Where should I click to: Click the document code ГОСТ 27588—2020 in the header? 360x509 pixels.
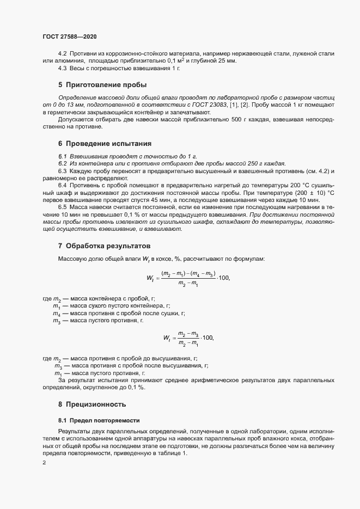click(70, 36)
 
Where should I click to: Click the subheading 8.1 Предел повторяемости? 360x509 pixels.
click(99, 420)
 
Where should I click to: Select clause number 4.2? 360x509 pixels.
click(62, 54)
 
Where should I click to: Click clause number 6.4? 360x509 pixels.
click(62, 186)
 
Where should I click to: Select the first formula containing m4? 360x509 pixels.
click(188, 278)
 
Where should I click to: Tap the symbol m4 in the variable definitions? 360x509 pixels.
click(56, 314)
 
